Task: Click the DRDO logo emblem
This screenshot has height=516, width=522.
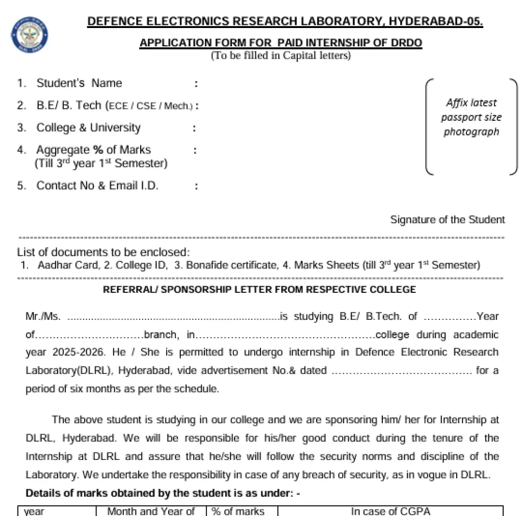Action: point(30,35)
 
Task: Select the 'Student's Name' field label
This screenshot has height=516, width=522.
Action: point(79,83)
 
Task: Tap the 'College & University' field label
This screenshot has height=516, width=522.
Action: point(88,127)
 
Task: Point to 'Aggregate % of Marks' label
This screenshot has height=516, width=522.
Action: point(93,150)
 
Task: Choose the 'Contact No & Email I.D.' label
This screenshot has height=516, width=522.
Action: point(97,185)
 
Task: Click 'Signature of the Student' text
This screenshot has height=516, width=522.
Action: point(447,220)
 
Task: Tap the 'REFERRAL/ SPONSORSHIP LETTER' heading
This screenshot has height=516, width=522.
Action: point(259,290)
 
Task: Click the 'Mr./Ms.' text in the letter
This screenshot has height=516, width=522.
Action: point(43,316)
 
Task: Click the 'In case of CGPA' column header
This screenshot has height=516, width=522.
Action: point(390,511)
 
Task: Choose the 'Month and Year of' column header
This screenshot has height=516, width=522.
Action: point(151,511)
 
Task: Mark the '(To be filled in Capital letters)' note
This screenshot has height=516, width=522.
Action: point(281,56)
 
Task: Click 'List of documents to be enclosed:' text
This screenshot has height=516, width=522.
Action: point(103,252)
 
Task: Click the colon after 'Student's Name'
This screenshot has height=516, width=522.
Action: point(196,84)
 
